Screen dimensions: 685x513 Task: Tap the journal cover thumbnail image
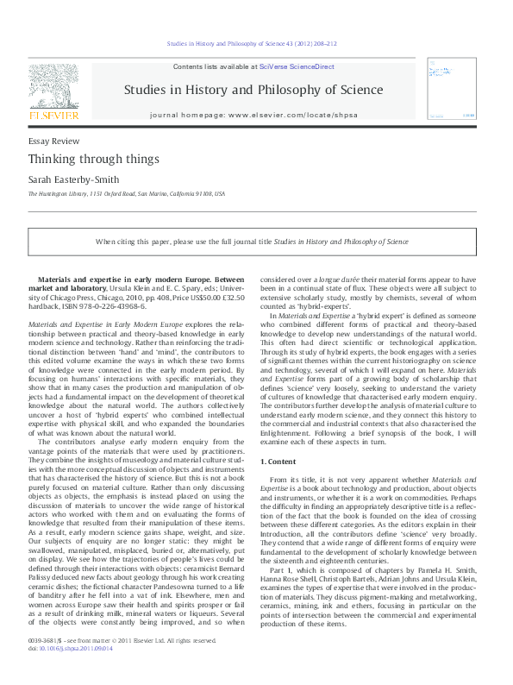(x=456, y=91)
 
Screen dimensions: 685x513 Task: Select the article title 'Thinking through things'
(x=81, y=159)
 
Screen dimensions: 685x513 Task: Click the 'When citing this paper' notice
(x=264, y=242)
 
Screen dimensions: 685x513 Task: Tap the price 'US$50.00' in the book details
(x=200, y=297)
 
